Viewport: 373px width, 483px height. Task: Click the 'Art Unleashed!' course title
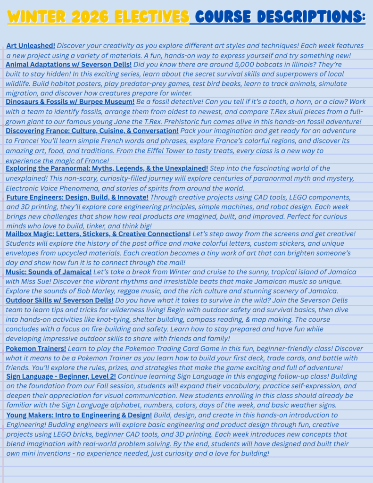[x=31, y=46]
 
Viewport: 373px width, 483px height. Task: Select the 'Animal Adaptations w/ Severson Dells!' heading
[x=69, y=64]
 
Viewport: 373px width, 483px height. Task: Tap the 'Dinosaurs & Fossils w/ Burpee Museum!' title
[x=70, y=101]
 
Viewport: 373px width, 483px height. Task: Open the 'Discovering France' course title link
[x=92, y=131]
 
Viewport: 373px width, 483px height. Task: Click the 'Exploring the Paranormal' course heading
[x=107, y=168]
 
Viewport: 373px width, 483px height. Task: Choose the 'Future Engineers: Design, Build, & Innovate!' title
[x=77, y=197]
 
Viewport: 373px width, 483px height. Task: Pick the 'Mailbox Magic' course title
[x=98, y=234]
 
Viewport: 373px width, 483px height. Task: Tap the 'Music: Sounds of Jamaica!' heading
[x=49, y=272]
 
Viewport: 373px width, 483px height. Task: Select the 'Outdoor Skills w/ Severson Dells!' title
[x=59, y=300]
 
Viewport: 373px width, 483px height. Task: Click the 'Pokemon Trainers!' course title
[x=36, y=349]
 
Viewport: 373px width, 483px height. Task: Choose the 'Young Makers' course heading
[x=79, y=415]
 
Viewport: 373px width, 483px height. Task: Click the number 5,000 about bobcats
[x=224, y=65]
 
